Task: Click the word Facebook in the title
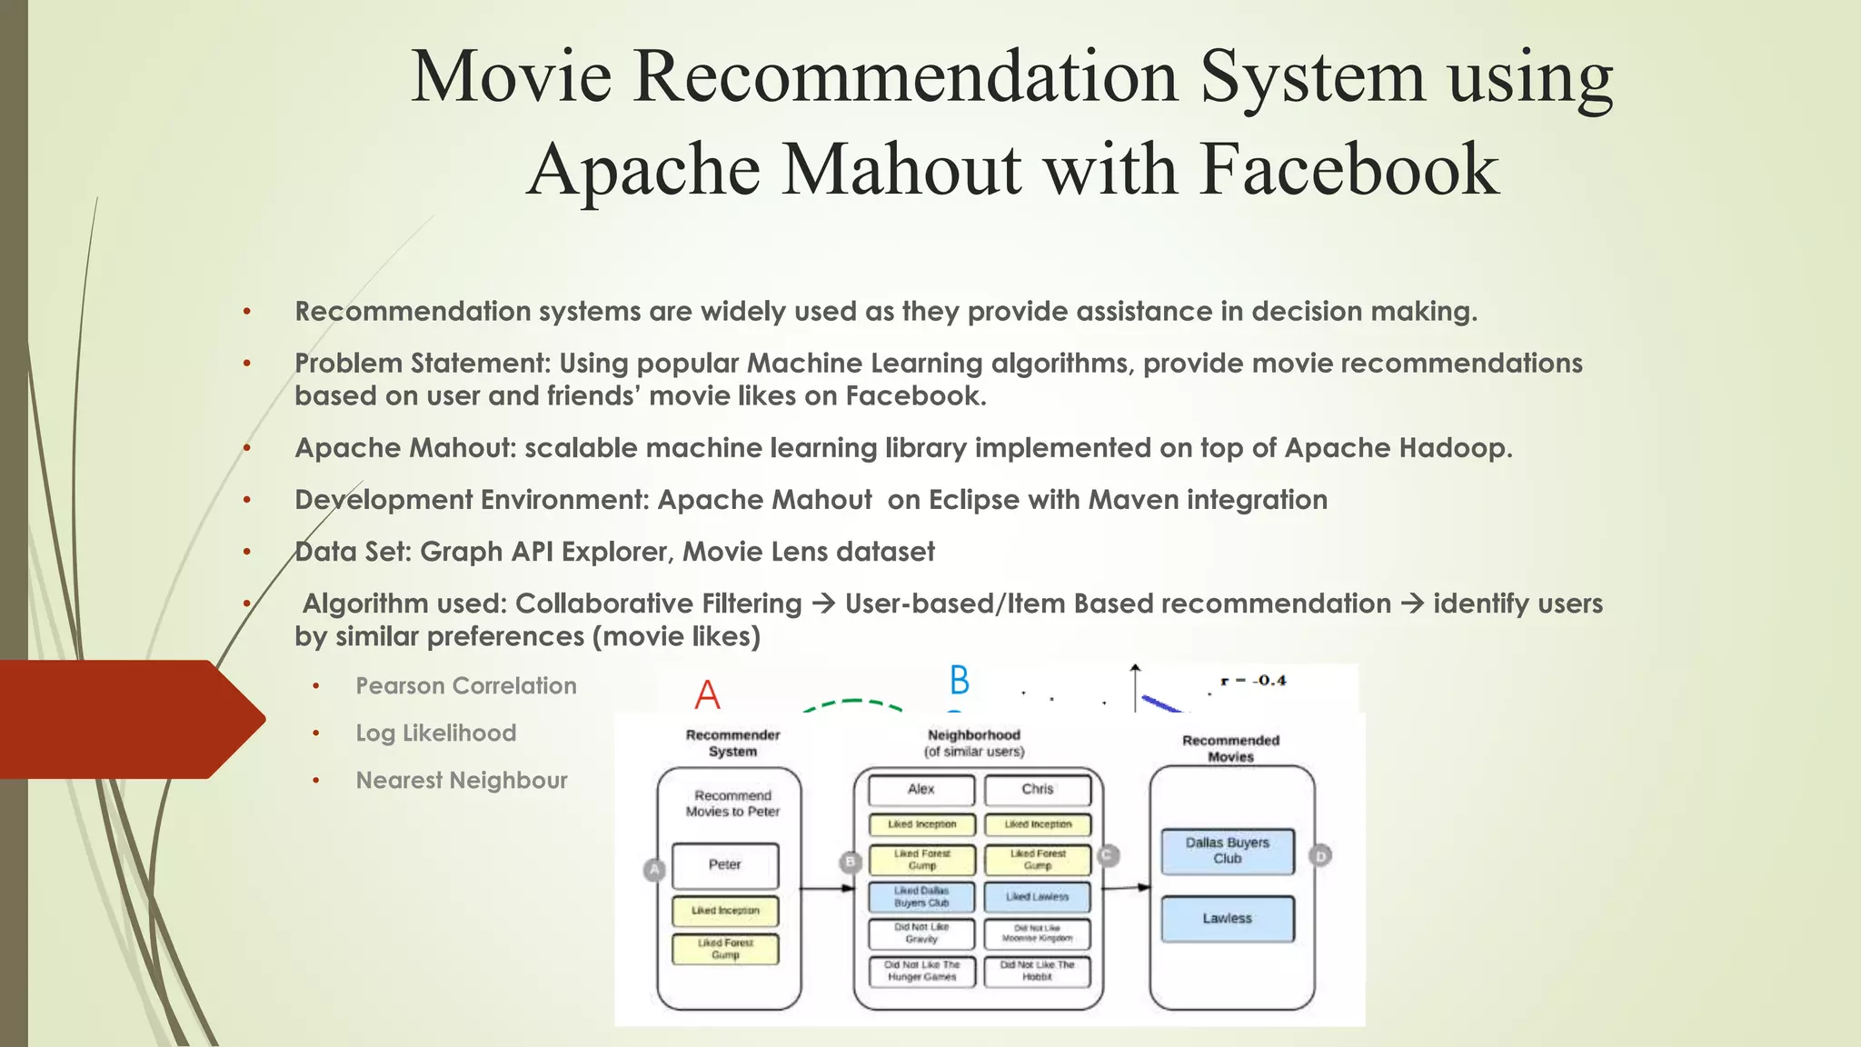[x=1348, y=170]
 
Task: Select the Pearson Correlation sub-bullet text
[x=466, y=686]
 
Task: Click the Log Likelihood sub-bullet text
[x=435, y=733]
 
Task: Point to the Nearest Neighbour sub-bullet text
[x=462, y=781]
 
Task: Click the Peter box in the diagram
[x=725, y=865]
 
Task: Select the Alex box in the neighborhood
[x=921, y=790]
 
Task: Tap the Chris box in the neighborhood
[x=1037, y=790]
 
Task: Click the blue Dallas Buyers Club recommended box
[x=1227, y=851]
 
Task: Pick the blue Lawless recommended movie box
[x=1227, y=919]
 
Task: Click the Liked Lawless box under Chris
[x=1037, y=897]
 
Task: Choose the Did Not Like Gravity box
[x=921, y=933]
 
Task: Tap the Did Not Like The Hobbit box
[x=1037, y=971]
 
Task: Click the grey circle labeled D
[x=1320, y=855]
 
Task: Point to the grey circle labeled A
[x=654, y=870]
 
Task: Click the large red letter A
[x=707, y=695]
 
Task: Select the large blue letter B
[x=960, y=681]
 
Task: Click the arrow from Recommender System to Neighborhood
[x=827, y=888]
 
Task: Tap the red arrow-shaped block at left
[x=127, y=719]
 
